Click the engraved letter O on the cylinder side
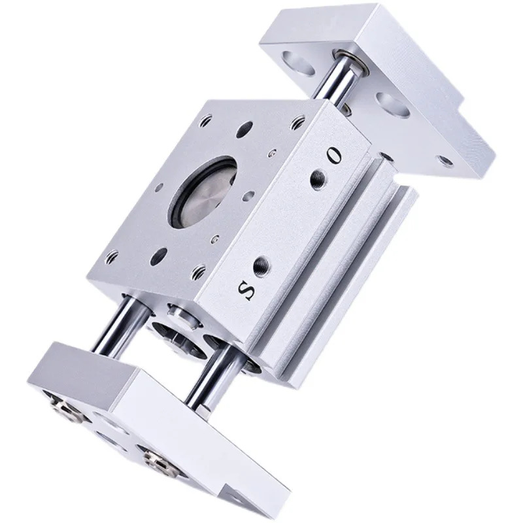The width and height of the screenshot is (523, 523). pyautogui.click(x=334, y=155)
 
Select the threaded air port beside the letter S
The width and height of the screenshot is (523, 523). pyautogui.click(x=262, y=265)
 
